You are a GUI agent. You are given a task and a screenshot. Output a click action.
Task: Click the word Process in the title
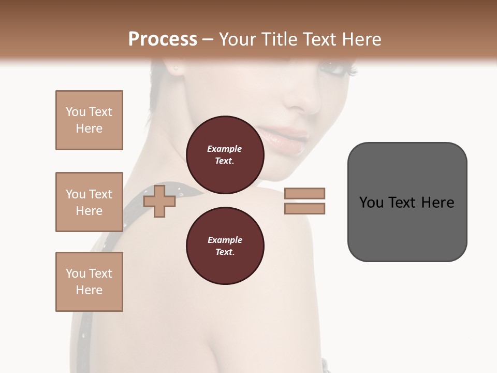(163, 39)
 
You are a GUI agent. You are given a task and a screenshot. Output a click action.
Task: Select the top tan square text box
(89, 120)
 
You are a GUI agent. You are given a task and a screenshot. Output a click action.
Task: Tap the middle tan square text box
(89, 202)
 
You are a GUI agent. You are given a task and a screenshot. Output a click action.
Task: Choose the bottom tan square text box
(89, 282)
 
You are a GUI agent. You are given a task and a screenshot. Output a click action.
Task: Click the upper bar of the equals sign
(304, 193)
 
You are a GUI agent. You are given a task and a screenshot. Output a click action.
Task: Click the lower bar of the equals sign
(304, 209)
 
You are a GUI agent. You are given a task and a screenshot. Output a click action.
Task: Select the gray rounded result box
(407, 202)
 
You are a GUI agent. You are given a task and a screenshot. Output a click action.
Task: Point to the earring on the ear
(176, 68)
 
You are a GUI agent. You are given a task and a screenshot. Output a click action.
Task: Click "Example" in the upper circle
(225, 149)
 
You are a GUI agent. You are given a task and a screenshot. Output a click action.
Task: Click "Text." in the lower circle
(225, 252)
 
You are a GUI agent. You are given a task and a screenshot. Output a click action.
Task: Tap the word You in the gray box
(372, 203)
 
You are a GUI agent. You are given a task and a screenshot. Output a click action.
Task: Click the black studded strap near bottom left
(86, 321)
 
